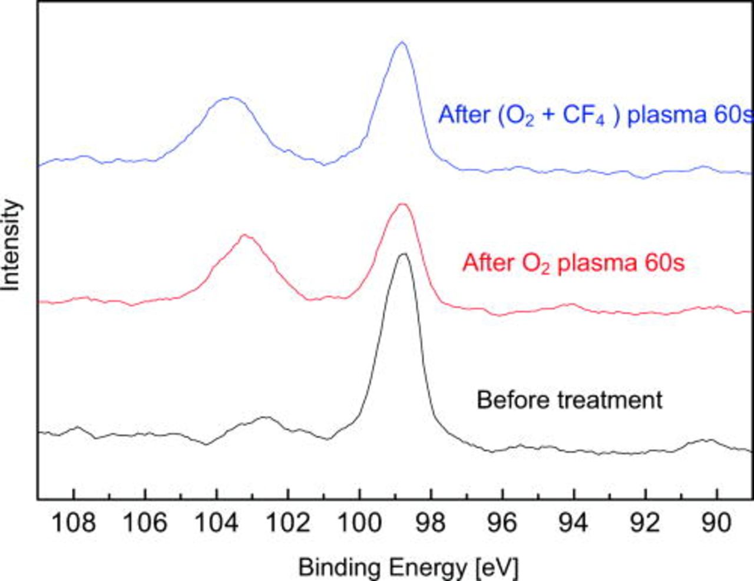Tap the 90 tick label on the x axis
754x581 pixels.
(716, 523)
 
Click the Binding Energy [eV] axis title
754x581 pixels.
(408, 568)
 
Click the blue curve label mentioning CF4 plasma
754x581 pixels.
(595, 115)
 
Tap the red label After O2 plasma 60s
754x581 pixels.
(573, 263)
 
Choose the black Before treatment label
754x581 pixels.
(569, 400)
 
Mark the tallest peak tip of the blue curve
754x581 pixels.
(402, 42)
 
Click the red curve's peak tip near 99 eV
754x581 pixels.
(402, 204)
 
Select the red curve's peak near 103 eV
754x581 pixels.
(245, 235)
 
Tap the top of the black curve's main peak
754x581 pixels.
(404, 254)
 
